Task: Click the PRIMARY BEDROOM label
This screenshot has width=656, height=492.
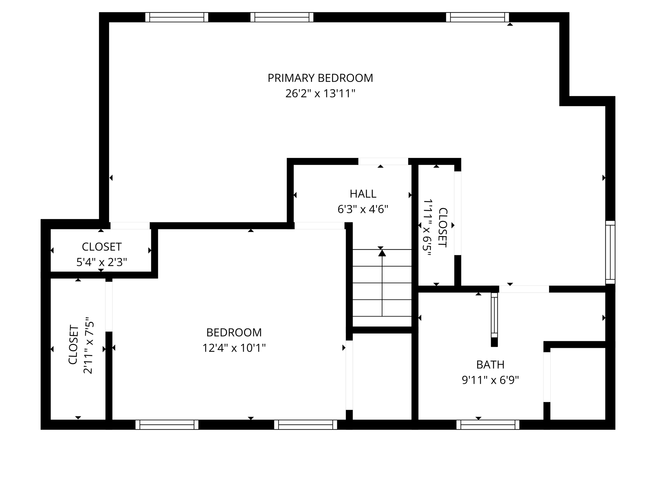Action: (x=320, y=78)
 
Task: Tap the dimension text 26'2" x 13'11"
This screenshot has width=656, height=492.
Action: (x=320, y=94)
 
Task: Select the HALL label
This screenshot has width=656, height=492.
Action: (x=363, y=194)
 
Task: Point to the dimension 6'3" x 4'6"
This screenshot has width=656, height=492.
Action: (x=363, y=209)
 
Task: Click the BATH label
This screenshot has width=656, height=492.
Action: (x=490, y=365)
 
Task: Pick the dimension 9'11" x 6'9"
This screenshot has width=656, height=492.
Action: (x=490, y=380)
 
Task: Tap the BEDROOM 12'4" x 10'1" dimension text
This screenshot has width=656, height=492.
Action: (x=234, y=348)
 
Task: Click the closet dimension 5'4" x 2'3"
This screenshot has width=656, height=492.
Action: (x=102, y=262)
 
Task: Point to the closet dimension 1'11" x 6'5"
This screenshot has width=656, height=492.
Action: (x=428, y=227)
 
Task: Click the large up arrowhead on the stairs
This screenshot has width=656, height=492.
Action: (x=382, y=253)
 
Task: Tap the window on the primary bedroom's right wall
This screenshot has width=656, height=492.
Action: (x=610, y=252)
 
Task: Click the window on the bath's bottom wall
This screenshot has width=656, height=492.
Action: (x=488, y=425)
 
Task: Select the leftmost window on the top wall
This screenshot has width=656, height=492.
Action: (x=176, y=17)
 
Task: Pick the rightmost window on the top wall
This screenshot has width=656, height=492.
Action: (x=477, y=17)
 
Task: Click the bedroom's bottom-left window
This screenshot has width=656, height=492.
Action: (x=167, y=425)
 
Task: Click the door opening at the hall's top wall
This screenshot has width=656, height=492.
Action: (x=383, y=161)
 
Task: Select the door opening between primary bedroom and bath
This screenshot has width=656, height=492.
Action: (x=524, y=289)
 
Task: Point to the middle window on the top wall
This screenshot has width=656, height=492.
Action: (x=282, y=17)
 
